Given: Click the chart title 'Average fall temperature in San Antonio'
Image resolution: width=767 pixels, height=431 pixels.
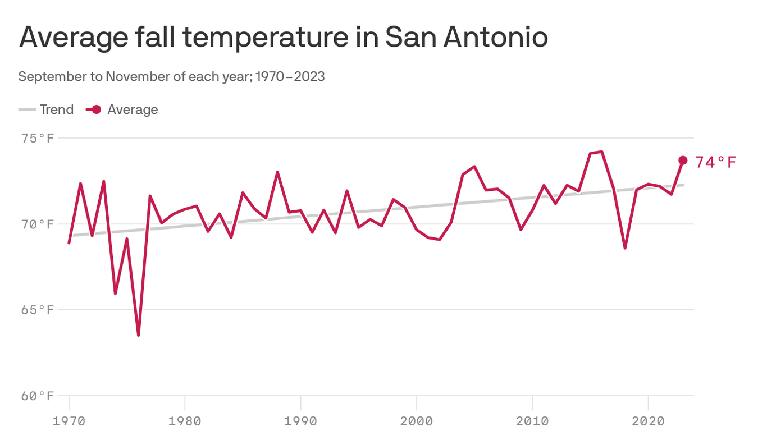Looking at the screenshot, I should click(283, 38).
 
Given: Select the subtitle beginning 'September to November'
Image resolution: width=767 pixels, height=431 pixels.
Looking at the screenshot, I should click(171, 76).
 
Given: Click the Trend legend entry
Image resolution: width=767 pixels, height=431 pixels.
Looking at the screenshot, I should click(46, 109).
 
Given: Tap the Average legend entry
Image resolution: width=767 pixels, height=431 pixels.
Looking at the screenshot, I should click(122, 109).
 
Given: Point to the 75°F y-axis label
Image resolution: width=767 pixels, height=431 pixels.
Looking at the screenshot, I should click(38, 138).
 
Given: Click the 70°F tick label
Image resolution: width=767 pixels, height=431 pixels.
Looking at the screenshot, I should click(38, 224).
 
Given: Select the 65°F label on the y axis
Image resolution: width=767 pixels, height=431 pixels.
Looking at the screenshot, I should click(38, 310).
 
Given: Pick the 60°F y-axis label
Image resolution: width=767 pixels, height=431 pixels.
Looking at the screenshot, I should click(38, 396).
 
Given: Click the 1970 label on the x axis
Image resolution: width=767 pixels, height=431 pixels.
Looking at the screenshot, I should click(69, 420).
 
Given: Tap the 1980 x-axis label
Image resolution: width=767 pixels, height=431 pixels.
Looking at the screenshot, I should click(185, 420).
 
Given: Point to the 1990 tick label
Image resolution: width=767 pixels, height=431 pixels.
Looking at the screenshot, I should click(300, 420).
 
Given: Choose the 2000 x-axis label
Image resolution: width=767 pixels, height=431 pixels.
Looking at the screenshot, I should click(417, 420).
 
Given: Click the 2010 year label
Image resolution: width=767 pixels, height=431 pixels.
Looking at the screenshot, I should click(532, 420).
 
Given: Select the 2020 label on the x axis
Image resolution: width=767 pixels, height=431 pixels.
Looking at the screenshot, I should click(648, 420).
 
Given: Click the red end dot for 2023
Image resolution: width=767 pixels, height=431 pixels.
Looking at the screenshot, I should click(683, 161).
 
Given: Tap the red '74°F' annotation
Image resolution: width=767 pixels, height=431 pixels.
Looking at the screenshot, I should click(715, 163).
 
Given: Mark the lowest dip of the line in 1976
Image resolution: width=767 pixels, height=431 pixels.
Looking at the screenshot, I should click(138, 335).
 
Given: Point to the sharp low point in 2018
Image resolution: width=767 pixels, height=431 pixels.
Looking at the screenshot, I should click(625, 247).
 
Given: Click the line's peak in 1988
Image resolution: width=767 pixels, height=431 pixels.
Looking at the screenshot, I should click(277, 172).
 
